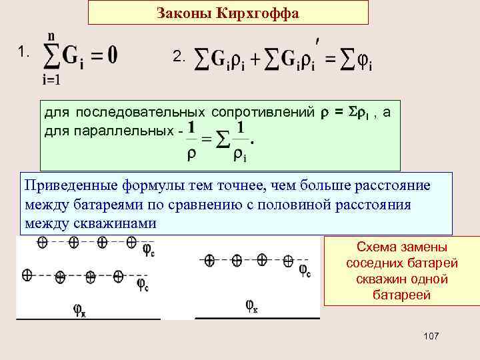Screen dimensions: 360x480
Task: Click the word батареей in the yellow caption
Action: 387,294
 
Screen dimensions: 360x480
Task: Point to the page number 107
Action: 431,337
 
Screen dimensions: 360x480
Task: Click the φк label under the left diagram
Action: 79,309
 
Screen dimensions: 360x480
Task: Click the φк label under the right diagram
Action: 251,306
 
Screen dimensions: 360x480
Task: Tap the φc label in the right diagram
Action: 303,270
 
